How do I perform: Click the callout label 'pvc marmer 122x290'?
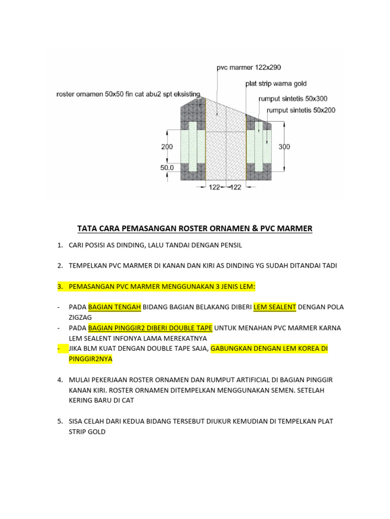(x=249, y=67)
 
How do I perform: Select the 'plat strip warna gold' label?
(x=276, y=84)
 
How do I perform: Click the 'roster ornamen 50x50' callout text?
(x=128, y=94)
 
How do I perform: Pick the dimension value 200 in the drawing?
(x=168, y=147)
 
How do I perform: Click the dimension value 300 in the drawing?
(x=284, y=147)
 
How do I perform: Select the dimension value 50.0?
(x=167, y=166)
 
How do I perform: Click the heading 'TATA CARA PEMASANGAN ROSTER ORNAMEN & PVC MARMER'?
(x=194, y=229)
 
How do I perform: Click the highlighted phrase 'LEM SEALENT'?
(x=275, y=307)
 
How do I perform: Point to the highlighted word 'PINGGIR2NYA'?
(x=90, y=359)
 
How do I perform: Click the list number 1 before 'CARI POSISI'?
(x=59, y=245)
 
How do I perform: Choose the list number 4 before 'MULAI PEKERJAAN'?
(x=59, y=380)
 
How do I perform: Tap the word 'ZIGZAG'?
(x=81, y=317)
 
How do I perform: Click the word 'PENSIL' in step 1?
(x=231, y=245)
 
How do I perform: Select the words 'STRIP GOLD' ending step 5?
(x=87, y=432)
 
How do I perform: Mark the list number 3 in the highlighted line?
(x=59, y=287)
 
